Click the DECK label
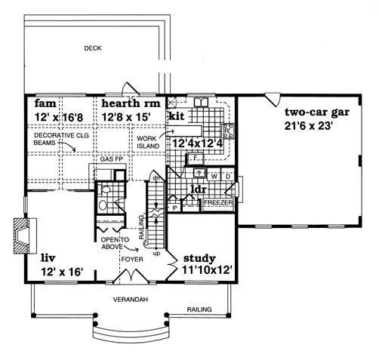93,48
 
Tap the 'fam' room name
45,103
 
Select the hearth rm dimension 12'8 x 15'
126,117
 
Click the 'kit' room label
177,116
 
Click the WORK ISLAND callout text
148,142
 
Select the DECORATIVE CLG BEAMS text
61,139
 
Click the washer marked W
214,176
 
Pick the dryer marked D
228,176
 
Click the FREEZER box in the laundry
218,202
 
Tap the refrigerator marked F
196,158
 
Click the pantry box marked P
175,208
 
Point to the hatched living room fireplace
21,236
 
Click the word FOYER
132,259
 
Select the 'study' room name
199,258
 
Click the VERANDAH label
131,300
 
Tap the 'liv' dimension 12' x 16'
62,272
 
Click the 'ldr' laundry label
199,189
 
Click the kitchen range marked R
228,131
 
